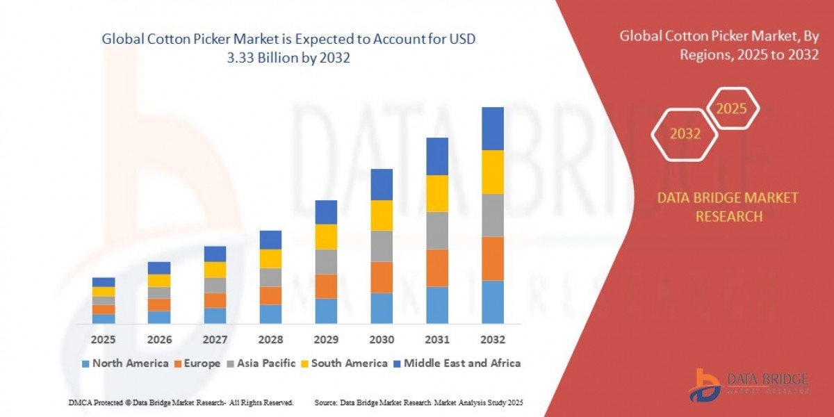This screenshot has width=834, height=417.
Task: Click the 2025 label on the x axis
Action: [x=103, y=340]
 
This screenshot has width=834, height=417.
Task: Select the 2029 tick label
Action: [x=326, y=340]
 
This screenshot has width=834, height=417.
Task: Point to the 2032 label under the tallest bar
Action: [x=492, y=340]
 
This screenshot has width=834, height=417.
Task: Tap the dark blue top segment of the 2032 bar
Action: [x=492, y=129]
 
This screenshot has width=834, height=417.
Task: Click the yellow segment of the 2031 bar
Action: [x=436, y=193]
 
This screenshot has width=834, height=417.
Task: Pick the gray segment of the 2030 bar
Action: [x=382, y=246]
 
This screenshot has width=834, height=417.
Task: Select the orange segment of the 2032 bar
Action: [x=492, y=259]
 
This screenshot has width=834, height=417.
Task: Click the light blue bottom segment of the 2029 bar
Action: [x=326, y=311]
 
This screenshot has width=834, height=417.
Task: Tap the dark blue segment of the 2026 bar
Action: [x=159, y=268]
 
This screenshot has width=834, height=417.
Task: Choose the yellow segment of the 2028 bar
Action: [x=270, y=259]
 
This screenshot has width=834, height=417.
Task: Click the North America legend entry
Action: [x=125, y=363]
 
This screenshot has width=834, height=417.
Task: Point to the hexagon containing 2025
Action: [x=731, y=109]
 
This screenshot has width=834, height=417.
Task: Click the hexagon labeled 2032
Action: [x=685, y=134]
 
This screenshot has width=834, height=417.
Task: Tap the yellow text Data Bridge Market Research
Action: [x=728, y=207]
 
